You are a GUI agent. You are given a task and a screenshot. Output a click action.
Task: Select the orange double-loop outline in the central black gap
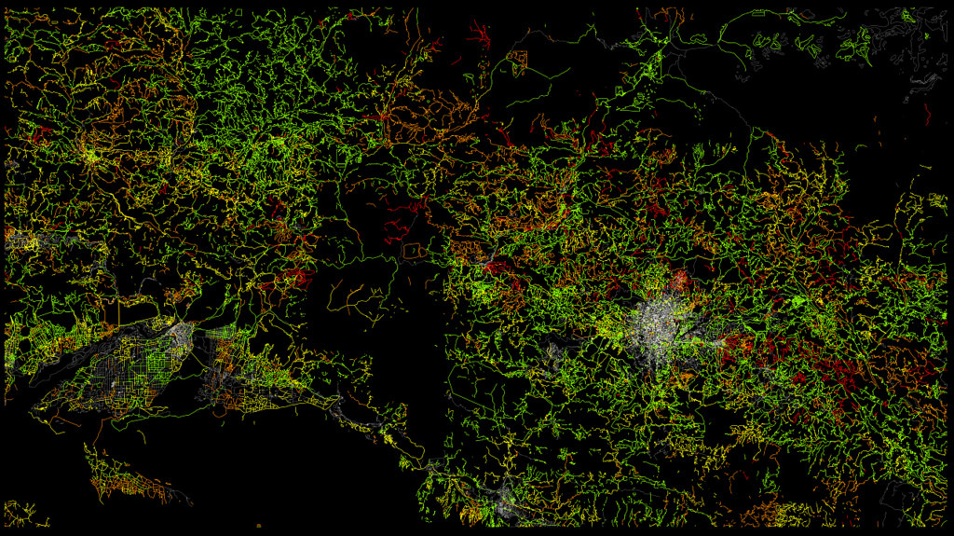tap(415, 251)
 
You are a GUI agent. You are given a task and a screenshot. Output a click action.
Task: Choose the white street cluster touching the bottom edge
tap(508, 503)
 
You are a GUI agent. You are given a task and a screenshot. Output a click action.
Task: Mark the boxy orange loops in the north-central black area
tap(517, 62)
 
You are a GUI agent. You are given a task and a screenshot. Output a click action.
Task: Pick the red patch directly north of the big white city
tap(678, 280)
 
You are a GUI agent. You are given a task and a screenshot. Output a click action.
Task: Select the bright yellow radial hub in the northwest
tap(91, 155)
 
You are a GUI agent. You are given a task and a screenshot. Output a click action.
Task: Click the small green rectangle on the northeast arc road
tap(757, 13)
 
